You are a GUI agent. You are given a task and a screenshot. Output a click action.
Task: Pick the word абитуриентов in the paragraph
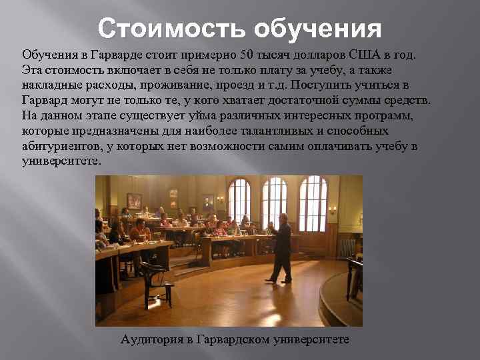(59, 147)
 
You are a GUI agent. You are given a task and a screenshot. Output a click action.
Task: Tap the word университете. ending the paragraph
(61, 162)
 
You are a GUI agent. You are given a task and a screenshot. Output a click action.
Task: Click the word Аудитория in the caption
(152, 339)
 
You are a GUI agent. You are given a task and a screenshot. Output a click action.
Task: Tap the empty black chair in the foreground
(154, 280)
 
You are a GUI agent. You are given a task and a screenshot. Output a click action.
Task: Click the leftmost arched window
(239, 200)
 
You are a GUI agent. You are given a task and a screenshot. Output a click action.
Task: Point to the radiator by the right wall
(346, 248)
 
